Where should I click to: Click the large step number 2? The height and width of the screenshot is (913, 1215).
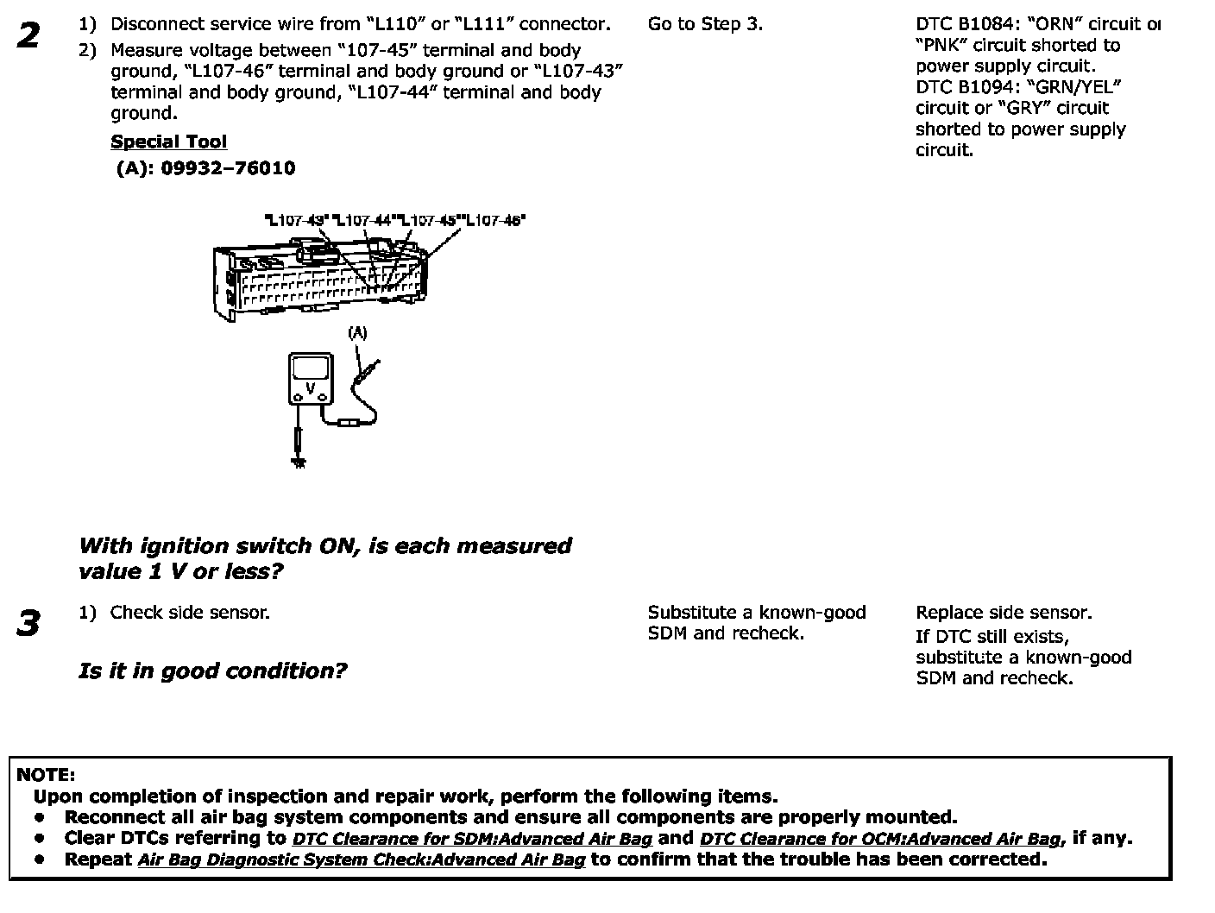(x=28, y=36)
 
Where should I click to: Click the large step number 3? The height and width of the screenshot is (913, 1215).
(x=28, y=623)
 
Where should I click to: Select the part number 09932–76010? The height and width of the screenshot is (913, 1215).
(x=228, y=168)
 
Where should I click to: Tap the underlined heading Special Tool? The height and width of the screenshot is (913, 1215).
(x=169, y=142)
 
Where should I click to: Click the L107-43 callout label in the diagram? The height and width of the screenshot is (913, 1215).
(x=296, y=221)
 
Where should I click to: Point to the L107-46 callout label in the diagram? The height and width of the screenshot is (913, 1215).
(x=495, y=221)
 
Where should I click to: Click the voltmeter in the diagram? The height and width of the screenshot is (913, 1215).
(x=311, y=378)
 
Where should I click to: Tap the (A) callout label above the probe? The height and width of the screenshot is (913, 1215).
(x=357, y=333)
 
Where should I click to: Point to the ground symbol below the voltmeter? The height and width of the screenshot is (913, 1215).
(x=299, y=461)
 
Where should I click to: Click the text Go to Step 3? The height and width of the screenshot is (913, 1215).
(x=705, y=24)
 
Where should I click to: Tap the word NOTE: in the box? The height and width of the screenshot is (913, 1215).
(x=46, y=775)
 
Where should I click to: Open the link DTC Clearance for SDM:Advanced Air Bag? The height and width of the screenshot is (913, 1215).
(x=472, y=839)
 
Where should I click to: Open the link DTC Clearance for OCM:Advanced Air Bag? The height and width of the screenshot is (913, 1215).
(x=880, y=839)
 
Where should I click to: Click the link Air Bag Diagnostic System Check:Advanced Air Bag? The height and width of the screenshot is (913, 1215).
(x=361, y=859)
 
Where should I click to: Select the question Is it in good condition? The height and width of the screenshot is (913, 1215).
(x=212, y=671)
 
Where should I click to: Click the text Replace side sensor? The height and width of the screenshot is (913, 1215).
(x=1004, y=613)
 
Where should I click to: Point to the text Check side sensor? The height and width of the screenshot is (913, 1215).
(x=190, y=613)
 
